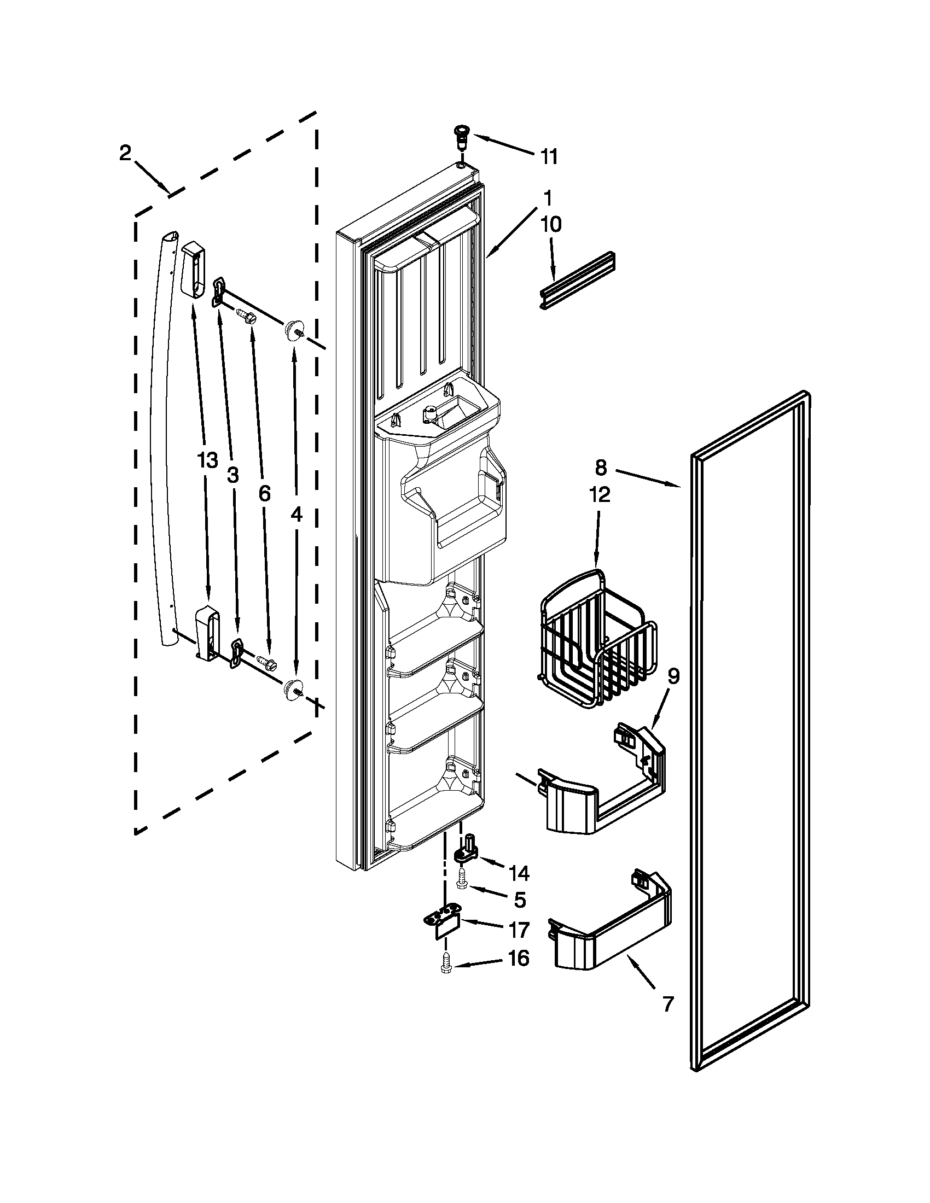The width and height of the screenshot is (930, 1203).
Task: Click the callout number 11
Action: pyautogui.click(x=548, y=156)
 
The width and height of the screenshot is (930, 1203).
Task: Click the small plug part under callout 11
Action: pyautogui.click(x=459, y=136)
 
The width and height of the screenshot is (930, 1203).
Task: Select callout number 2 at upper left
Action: pyautogui.click(x=125, y=153)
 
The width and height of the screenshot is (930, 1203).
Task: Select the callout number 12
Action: pyautogui.click(x=600, y=495)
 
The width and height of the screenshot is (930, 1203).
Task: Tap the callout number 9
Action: pyautogui.click(x=674, y=676)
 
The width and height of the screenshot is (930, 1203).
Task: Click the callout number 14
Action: pyautogui.click(x=519, y=873)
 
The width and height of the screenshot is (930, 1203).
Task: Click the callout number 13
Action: pyautogui.click(x=207, y=460)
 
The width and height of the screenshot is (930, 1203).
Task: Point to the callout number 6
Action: pyautogui.click(x=264, y=494)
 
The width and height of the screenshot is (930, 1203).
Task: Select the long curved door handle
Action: pyautogui.click(x=160, y=441)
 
